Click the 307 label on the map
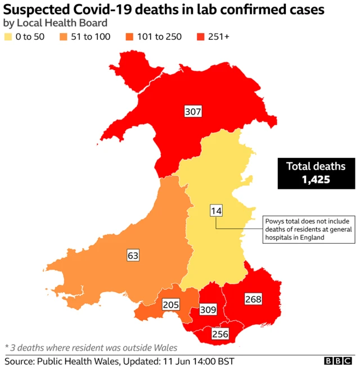pos(193,111)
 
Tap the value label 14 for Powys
pos(216,211)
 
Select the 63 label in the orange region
pos(133,256)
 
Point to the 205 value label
pos(170,305)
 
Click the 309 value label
pos(208,310)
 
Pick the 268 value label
pos(253,299)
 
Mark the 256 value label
pos(219,334)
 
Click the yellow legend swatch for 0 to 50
pos(9,38)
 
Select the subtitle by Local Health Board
pos(55,24)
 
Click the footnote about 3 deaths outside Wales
pos(91,347)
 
